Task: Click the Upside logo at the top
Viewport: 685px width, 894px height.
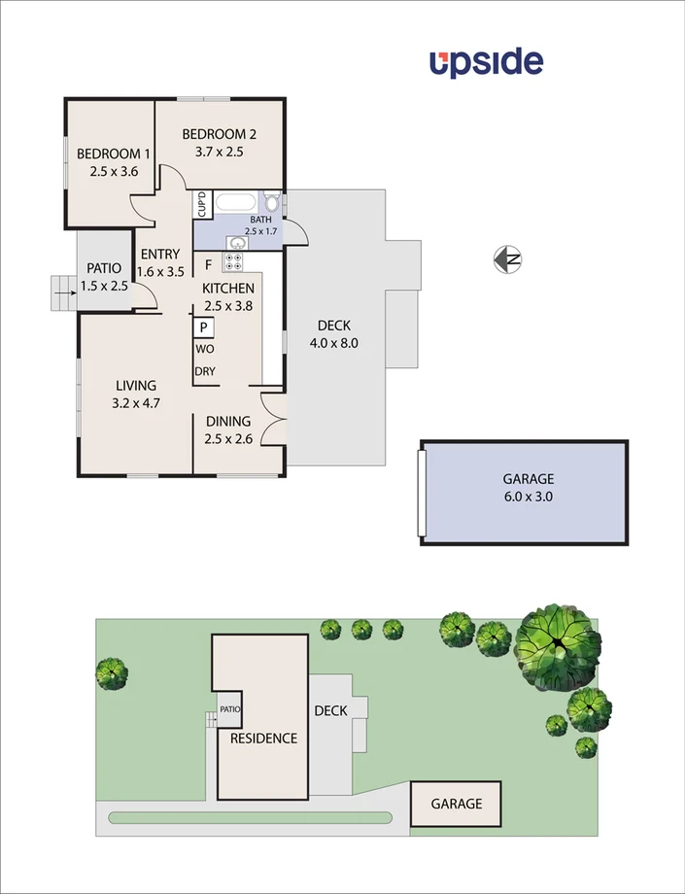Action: coord(486,62)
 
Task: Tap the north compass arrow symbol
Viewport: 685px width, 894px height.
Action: coord(508,259)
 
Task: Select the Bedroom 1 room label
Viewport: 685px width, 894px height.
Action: coord(114,154)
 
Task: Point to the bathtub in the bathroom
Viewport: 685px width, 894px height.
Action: coord(237,204)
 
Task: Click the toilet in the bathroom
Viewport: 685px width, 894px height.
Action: coord(273,204)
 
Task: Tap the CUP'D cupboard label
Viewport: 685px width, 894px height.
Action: coord(202,204)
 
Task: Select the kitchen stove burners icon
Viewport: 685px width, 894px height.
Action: coord(234,261)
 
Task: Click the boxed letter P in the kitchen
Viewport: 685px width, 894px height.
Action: coord(204,327)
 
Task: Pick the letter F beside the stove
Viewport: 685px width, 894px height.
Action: coord(207,263)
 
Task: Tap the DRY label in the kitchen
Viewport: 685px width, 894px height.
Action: coord(205,371)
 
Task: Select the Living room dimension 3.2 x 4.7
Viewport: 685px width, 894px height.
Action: coord(137,402)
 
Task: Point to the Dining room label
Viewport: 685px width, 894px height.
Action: coord(227,421)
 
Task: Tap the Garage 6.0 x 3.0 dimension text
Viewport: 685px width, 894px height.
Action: coord(529,496)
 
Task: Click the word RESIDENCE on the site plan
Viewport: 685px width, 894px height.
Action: coord(263,739)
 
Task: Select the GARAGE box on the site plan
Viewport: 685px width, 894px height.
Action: coord(457,804)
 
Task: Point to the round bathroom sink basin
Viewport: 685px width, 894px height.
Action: coord(235,242)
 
